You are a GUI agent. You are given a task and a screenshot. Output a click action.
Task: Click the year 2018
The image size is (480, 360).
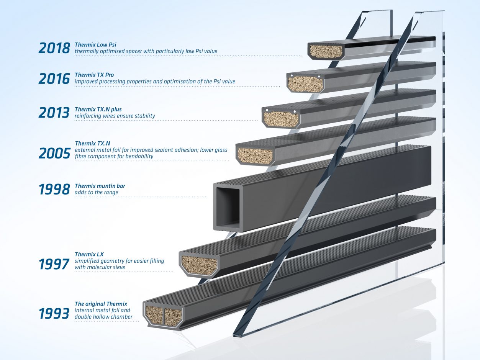pyautogui.click(x=54, y=48)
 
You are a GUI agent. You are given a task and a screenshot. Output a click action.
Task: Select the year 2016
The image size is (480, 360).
pyautogui.click(x=54, y=78)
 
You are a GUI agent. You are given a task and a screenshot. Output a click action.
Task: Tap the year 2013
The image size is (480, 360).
pyautogui.click(x=54, y=112)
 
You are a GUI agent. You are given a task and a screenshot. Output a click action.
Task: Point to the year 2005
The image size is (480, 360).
pyautogui.click(x=54, y=153)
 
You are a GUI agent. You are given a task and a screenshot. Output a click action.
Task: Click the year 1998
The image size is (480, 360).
pyautogui.click(x=54, y=189)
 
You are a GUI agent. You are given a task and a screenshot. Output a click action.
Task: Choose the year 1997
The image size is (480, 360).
pyautogui.click(x=54, y=264)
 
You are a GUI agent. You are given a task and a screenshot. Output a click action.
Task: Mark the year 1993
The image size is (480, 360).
pyautogui.click(x=54, y=314)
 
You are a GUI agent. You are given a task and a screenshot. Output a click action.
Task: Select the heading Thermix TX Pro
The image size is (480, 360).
pyautogui.click(x=94, y=75)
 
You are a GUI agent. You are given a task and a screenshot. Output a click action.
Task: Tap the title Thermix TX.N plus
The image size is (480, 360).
pyautogui.click(x=98, y=110)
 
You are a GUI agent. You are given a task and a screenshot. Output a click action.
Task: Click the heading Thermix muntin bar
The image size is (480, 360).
pyautogui.click(x=100, y=186)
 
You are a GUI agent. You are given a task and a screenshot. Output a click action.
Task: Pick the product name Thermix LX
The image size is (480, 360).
pyautogui.click(x=89, y=254)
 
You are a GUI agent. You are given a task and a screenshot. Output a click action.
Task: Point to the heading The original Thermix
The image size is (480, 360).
pyautogui.click(x=101, y=304)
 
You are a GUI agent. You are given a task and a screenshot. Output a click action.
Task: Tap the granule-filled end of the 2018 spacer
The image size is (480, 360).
pyautogui.click(x=326, y=51)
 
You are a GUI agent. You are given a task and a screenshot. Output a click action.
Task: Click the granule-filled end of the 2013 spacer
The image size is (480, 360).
pyautogui.click(x=281, y=118)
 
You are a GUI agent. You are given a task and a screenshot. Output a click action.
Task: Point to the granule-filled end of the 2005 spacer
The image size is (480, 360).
pyautogui.click(x=255, y=156)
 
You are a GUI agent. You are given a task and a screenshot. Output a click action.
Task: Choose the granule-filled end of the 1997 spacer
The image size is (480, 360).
pyautogui.click(x=199, y=265)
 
